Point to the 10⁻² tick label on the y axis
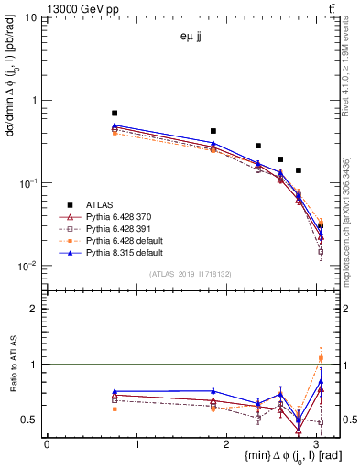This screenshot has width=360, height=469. coord(27,267)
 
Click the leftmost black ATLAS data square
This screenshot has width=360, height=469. coord(115,113)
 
